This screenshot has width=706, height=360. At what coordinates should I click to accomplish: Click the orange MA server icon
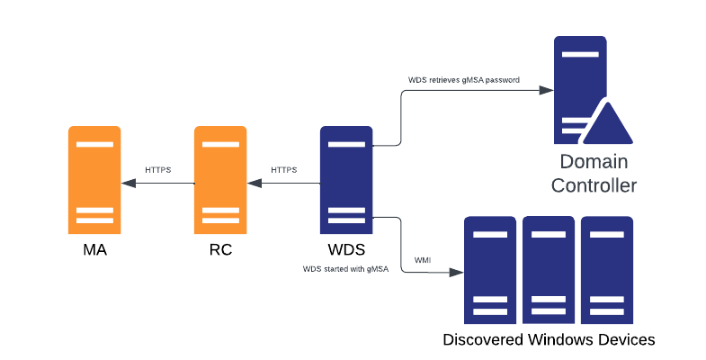94,180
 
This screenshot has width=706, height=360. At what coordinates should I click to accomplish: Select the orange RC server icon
220,180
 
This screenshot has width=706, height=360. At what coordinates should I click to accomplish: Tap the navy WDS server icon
346,180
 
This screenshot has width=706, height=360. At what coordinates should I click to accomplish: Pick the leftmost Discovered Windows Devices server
489,270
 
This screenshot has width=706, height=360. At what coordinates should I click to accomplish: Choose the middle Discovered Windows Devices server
548,270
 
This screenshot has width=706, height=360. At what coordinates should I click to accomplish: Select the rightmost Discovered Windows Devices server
606,270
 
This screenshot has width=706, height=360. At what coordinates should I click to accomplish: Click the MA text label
94,249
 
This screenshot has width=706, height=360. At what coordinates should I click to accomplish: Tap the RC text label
220,249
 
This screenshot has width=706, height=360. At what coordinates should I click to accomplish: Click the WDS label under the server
346,249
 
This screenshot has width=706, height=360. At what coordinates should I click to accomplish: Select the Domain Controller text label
594,174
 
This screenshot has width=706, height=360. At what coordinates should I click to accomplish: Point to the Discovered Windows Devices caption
549,339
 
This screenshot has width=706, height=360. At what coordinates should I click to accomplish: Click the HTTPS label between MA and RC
158,169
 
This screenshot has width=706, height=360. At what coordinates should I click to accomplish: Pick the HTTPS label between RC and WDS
284,169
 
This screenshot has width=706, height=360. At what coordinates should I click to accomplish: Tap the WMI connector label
423,260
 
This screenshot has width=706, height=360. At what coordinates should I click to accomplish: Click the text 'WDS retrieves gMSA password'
464,80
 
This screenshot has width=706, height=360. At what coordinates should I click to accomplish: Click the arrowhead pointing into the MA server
129,183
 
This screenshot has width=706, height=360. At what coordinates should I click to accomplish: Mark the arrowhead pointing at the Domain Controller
544,90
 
